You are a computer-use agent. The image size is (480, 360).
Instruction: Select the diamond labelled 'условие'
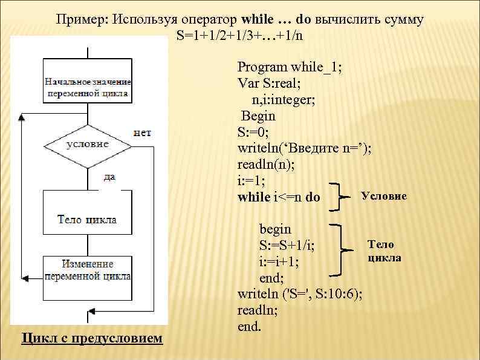(x=88, y=145)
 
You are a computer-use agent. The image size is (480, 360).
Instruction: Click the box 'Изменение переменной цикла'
(x=88, y=269)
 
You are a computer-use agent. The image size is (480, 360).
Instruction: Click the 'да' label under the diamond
(x=109, y=177)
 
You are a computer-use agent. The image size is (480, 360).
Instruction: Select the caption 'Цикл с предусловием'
(x=92, y=338)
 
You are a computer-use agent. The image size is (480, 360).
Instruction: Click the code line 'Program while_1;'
(x=290, y=67)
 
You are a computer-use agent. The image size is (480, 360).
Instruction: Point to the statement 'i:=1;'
(x=252, y=180)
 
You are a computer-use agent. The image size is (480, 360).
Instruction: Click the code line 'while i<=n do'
(x=279, y=197)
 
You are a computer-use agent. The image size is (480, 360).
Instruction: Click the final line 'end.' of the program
(x=250, y=327)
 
